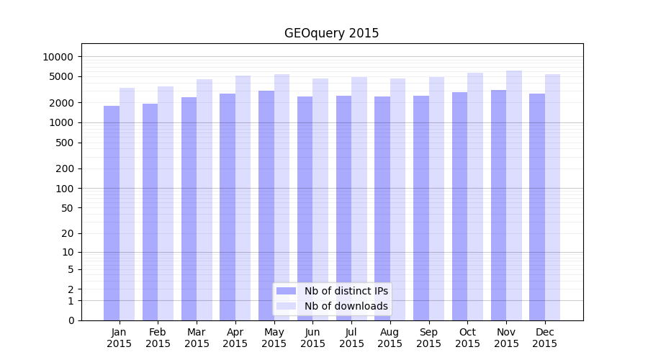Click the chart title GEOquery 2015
tap(331, 33)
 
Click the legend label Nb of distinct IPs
tap(346, 291)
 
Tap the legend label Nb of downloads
tap(346, 306)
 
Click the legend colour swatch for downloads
tap(286, 306)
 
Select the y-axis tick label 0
tap(71, 320)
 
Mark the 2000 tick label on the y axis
tap(61, 103)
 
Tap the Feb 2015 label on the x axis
tap(158, 338)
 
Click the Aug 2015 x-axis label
tap(390, 338)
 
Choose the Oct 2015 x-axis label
tap(467, 338)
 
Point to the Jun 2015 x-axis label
tap(312, 338)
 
